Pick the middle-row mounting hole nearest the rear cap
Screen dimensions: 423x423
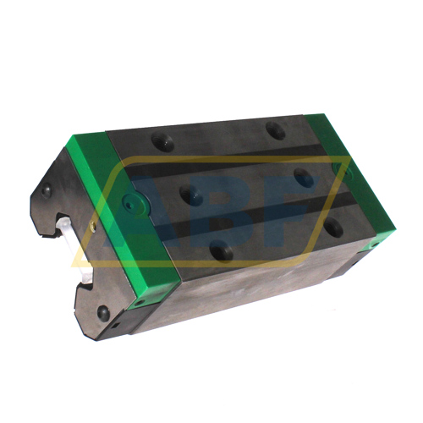click(303, 179)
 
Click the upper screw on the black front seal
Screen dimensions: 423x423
click(46, 190)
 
